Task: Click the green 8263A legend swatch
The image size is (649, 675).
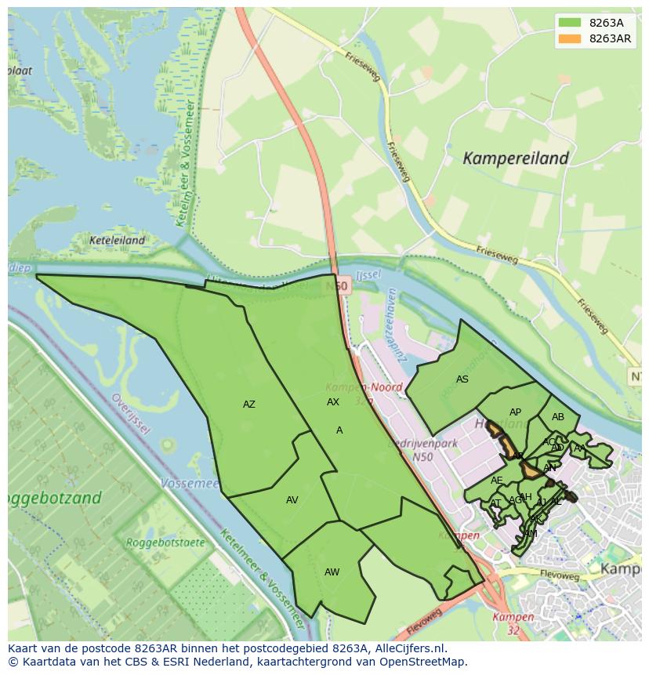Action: pos(570,23)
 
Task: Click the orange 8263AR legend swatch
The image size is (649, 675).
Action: pos(570,38)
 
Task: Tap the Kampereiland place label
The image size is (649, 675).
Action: pos(515,158)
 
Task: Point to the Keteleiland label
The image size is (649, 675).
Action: pos(118,241)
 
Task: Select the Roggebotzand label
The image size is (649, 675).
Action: pos(53,498)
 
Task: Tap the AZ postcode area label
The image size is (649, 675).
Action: pos(248,405)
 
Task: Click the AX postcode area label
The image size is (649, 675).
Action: pos(333,402)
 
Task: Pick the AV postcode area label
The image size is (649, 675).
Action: pos(292,500)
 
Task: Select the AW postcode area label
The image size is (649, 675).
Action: pos(332,572)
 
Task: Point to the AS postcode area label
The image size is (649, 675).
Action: pos(462,379)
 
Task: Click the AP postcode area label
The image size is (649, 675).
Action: pos(515,412)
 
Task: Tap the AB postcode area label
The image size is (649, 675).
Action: pos(557,417)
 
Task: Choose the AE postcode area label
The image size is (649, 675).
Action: pos(496,481)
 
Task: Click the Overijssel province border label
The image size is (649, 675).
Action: pos(130,413)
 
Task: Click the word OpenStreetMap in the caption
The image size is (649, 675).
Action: pos(423,662)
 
